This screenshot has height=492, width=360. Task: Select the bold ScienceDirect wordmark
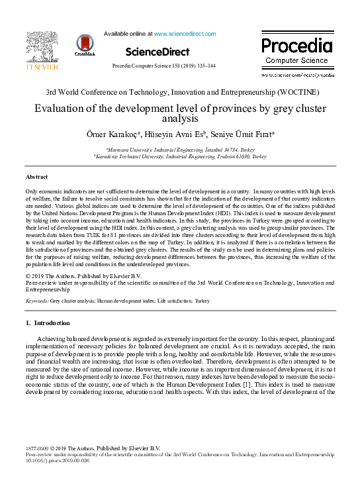point(157,51)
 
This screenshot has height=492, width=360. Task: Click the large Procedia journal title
point(296,46)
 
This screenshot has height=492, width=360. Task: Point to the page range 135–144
point(212,67)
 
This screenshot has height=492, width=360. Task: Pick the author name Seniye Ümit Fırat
point(242,135)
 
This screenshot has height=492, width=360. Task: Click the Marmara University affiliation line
point(180,150)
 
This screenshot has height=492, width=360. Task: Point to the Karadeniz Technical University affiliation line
point(180,157)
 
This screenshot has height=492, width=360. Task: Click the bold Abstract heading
point(36,177)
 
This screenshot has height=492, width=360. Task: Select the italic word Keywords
point(36,300)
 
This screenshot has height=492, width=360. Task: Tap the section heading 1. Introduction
point(47,323)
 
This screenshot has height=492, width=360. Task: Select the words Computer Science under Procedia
point(296,60)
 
